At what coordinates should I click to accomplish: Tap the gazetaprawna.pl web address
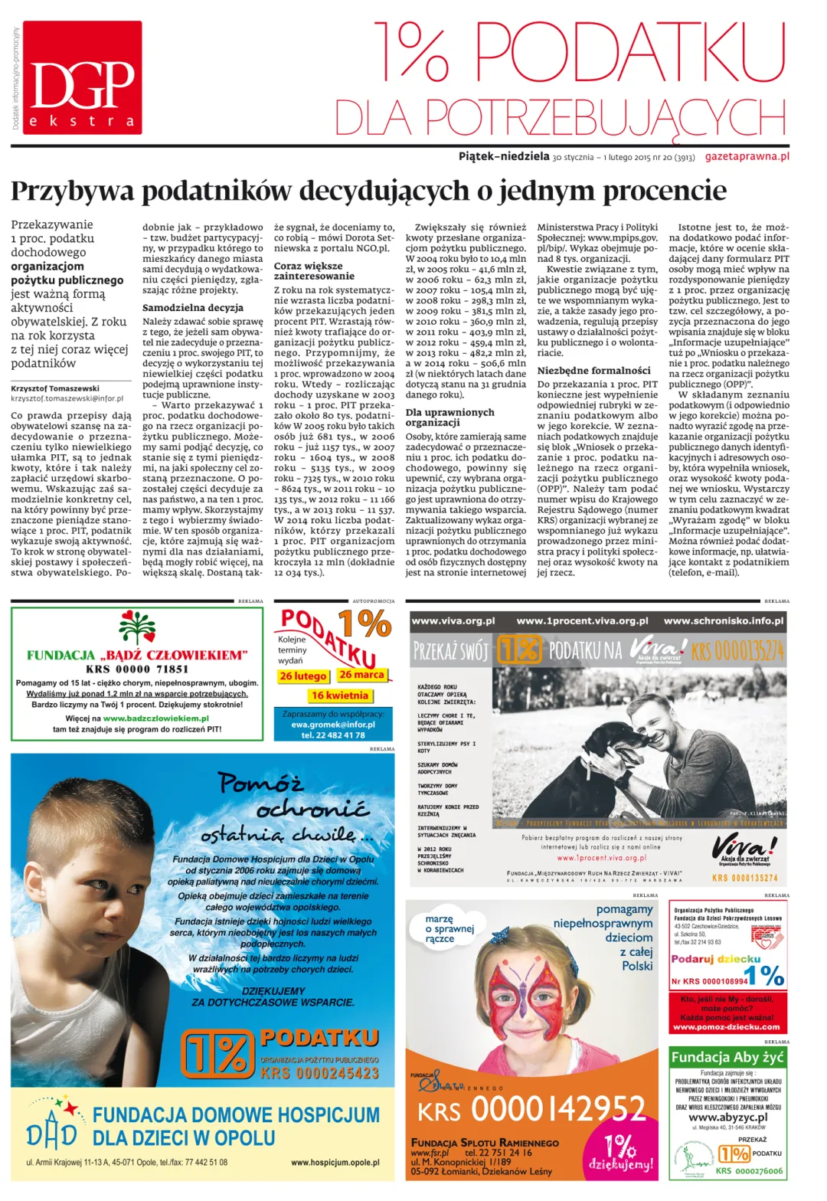point(747,156)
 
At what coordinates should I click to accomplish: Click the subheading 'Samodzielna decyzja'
point(193,308)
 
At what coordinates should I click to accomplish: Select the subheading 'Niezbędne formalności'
point(593,370)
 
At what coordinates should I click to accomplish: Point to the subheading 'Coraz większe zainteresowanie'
point(314,271)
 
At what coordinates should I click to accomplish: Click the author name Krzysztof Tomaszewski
point(55,388)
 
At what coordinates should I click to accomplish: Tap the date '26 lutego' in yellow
point(303,676)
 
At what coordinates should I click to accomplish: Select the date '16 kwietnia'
point(340,695)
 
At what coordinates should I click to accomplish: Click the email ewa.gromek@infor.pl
point(333,724)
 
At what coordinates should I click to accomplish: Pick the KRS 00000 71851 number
point(137,669)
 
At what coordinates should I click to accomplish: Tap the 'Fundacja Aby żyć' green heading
point(727,1057)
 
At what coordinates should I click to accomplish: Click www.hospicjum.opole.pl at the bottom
point(335,1163)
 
